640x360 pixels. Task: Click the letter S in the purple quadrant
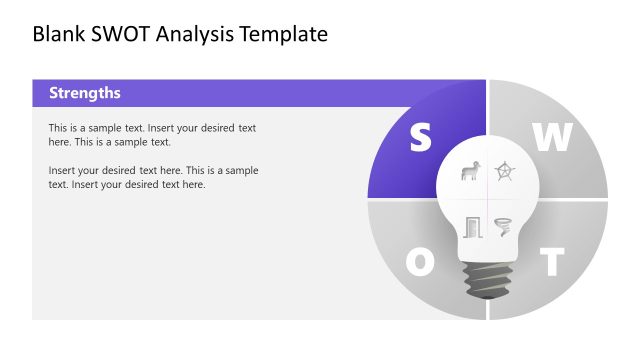(x=419, y=139)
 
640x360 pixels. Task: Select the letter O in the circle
(x=420, y=263)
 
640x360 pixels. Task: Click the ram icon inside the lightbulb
(x=469, y=172)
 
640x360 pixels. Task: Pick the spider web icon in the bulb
(x=505, y=172)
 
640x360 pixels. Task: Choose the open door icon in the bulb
(x=472, y=227)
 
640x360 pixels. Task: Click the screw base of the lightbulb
(x=487, y=279)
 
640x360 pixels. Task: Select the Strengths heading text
(x=85, y=93)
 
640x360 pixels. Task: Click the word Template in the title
(x=285, y=35)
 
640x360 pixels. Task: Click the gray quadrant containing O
(x=400, y=240)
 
